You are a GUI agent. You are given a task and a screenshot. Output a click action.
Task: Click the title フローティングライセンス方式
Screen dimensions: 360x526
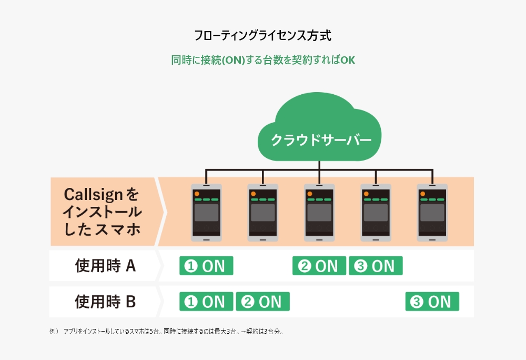(x=262, y=36)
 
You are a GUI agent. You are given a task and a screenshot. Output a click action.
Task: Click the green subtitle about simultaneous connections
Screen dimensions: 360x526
(x=263, y=60)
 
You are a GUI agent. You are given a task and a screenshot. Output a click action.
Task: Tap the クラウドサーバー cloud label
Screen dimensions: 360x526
(x=321, y=140)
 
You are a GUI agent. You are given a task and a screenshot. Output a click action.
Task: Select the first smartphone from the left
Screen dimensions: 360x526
(x=206, y=212)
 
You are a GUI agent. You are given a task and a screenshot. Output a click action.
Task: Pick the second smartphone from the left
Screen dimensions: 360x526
(x=262, y=212)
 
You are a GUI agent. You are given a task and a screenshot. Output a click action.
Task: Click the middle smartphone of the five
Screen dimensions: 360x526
(x=319, y=212)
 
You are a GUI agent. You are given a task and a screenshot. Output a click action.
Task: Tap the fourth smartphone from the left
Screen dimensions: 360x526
(x=376, y=212)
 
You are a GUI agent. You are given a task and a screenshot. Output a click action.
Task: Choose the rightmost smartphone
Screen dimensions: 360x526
(x=432, y=212)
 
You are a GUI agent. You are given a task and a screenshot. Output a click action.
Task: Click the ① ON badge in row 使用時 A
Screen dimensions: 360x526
(x=206, y=266)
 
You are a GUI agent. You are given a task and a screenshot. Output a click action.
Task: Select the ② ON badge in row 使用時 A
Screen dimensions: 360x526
(x=319, y=266)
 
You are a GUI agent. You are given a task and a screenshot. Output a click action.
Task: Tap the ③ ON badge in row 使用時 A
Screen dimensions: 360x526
(x=376, y=266)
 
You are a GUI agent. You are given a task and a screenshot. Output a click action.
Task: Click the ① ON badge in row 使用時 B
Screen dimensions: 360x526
(x=206, y=302)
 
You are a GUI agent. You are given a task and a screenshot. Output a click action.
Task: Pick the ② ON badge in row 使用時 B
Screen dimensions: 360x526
(x=262, y=302)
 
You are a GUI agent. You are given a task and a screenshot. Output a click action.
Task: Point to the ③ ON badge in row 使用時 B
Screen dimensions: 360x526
(x=432, y=302)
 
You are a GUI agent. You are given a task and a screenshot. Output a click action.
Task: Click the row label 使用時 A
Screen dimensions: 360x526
(x=105, y=266)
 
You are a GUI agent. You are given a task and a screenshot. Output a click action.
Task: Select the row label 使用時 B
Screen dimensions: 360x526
(x=105, y=302)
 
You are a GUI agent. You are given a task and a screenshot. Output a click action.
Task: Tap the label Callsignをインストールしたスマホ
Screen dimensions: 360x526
(x=103, y=212)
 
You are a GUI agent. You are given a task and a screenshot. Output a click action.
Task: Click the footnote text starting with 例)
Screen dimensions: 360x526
(x=166, y=332)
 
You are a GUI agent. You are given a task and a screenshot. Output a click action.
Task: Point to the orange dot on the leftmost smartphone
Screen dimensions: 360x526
(x=197, y=194)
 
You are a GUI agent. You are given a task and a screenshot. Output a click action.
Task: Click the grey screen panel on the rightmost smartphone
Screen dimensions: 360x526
(x=432, y=213)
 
